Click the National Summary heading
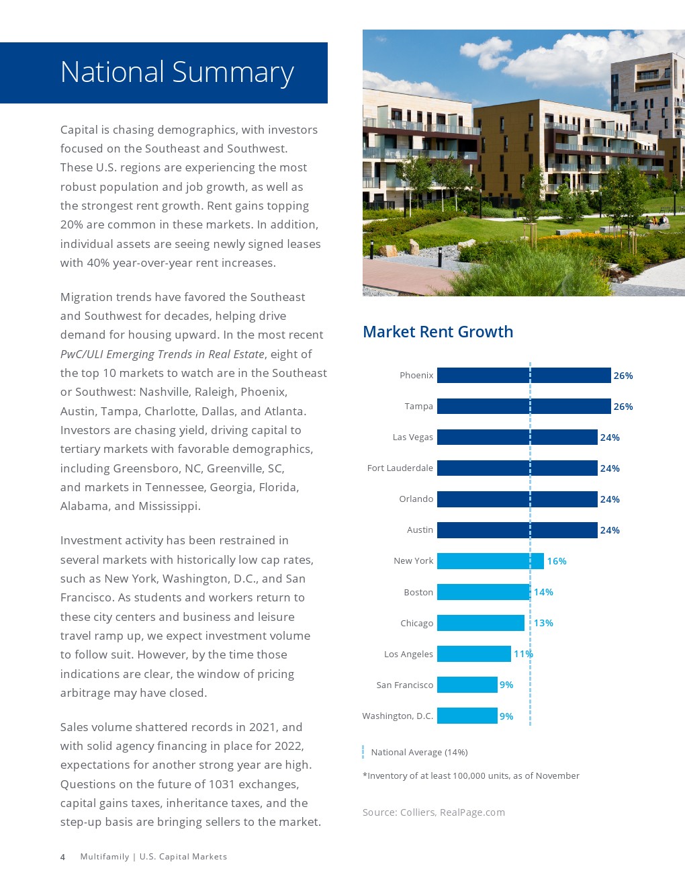(x=177, y=73)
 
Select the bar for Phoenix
(x=524, y=375)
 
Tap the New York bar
(x=490, y=561)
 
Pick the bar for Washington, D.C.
(x=467, y=716)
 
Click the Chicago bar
(x=480, y=623)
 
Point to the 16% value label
(x=557, y=561)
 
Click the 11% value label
(x=523, y=654)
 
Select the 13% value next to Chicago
(x=543, y=623)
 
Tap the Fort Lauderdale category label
(x=400, y=468)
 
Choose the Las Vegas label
(x=413, y=437)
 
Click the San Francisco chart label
(x=405, y=685)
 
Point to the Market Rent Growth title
(x=438, y=332)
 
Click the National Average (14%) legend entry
(x=419, y=752)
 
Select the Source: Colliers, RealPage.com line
(x=434, y=812)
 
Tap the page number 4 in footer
(x=62, y=857)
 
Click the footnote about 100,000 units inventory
(x=471, y=775)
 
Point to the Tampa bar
(x=524, y=406)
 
